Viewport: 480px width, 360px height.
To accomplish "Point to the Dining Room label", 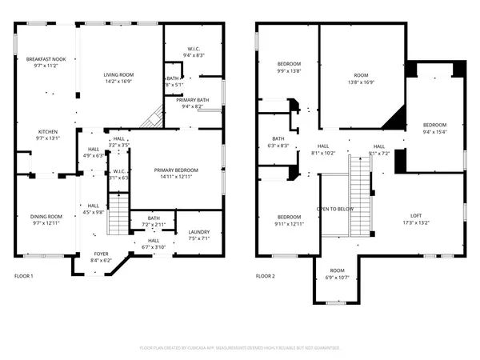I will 46,216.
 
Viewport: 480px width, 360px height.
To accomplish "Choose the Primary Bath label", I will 192,100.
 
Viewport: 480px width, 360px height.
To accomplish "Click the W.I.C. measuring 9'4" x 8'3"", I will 193,50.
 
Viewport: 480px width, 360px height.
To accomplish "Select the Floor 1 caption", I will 24,276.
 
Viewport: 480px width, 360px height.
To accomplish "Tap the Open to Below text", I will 335,209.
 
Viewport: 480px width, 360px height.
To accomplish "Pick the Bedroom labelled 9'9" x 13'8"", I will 289,64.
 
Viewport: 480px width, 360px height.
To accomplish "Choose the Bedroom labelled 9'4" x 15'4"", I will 434,125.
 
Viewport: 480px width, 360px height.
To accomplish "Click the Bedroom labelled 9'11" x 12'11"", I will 289,218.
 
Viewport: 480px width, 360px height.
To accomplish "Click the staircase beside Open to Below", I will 362,184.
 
